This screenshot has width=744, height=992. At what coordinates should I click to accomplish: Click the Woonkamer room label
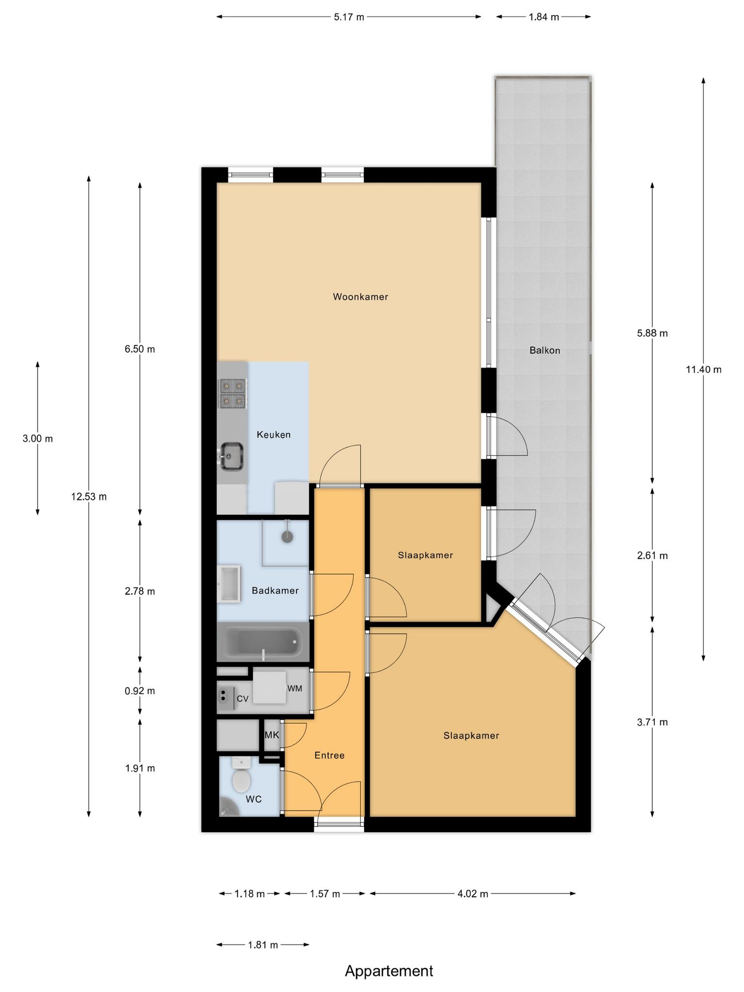coord(360,297)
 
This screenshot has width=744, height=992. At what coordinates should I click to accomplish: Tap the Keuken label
coord(274,434)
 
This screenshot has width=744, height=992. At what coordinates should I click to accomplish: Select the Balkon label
coord(544,350)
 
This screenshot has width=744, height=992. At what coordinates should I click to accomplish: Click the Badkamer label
coord(275,590)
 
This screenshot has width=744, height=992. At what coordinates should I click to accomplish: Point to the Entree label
coord(329,755)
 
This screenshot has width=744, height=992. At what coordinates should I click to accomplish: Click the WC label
coord(253,799)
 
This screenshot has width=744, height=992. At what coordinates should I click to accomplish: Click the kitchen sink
coord(232,456)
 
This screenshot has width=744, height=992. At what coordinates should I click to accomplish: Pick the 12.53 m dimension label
coord(89,496)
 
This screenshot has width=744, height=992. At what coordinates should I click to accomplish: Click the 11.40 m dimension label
coord(703,370)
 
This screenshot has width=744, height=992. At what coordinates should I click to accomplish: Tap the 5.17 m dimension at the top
coord(349,17)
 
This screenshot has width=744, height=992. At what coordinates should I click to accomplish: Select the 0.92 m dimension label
coord(140,691)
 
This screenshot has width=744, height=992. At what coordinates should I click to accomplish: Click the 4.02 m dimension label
coord(473,894)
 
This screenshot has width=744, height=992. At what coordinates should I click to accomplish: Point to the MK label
coord(272,735)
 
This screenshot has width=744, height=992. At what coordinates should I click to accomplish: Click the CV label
coord(242,698)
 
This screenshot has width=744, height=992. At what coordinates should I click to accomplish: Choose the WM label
coord(294,688)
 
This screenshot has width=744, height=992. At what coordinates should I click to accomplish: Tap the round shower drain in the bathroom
coord(288,536)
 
